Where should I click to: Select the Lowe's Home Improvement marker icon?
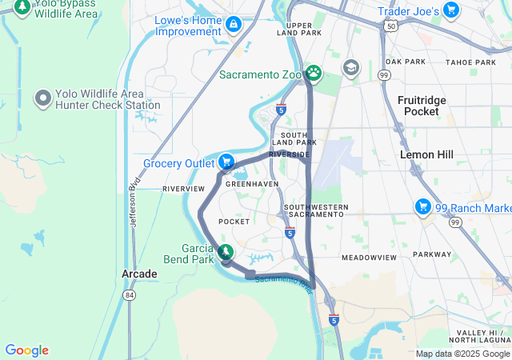pos(233,25)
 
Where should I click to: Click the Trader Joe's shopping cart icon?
pos(451,11)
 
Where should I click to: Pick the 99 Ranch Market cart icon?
pos(422,208)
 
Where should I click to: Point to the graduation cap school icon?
pos(350,67)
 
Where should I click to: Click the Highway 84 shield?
pos(129,295)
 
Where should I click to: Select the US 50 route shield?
pos(390,26)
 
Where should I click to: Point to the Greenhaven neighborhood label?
pos(252,183)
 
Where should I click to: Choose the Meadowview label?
pos(369,258)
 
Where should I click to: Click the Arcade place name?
pos(139,274)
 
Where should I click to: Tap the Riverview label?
pos(183,189)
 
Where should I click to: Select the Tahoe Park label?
pos(470,62)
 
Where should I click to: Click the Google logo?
pos(26,350)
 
